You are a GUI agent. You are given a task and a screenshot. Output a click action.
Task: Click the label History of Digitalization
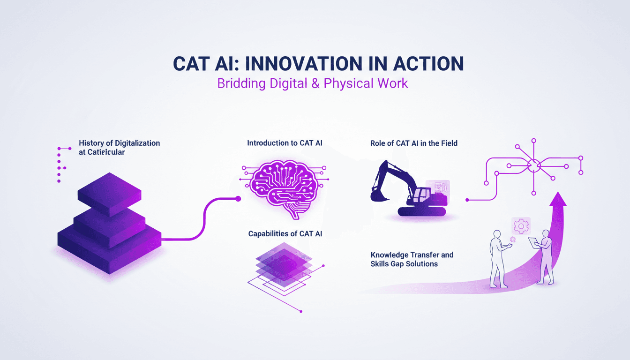click(x=119, y=142)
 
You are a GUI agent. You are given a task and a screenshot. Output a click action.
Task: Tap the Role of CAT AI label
click(x=413, y=143)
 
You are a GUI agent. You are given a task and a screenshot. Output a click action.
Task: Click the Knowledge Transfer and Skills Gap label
click(x=412, y=259)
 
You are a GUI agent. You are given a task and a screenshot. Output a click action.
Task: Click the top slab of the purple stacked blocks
click(x=109, y=194)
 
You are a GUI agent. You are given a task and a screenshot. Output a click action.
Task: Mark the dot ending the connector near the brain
click(x=238, y=199)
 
